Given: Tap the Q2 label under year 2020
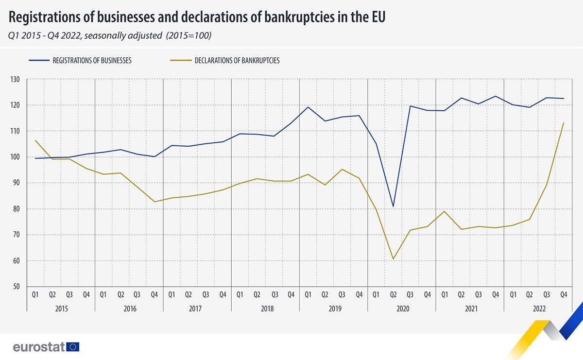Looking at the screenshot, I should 393,294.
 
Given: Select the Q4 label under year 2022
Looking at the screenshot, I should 563,294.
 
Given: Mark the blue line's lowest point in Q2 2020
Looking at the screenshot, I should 393,207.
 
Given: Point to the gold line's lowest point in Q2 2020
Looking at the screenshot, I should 393,259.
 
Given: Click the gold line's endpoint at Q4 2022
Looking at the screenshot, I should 564,122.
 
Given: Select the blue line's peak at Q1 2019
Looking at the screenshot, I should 308,107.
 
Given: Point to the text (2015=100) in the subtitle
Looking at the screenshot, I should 189,35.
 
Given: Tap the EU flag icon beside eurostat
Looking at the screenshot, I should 73,347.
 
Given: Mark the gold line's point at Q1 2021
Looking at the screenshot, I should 444,211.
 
